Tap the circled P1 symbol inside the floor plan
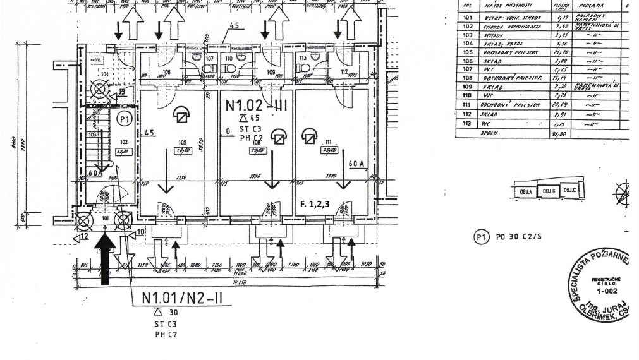(x=126, y=117)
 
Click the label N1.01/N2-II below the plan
(x=186, y=297)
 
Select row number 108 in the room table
(x=468, y=76)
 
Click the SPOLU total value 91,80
(x=559, y=133)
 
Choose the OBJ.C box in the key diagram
(x=569, y=190)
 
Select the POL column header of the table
(x=468, y=7)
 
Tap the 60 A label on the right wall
(x=357, y=164)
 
